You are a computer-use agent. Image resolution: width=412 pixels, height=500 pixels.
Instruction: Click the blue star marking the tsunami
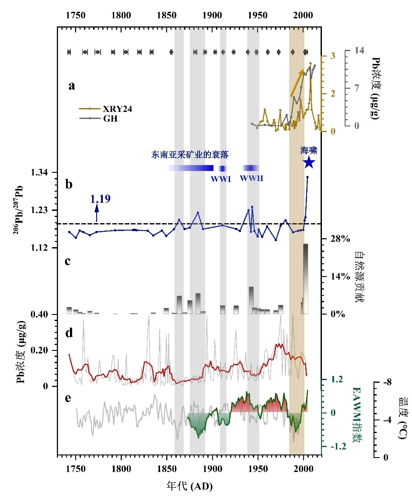(309, 163)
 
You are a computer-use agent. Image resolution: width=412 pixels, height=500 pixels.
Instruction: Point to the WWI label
(221, 178)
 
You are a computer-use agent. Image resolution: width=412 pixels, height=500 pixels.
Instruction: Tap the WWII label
(251, 178)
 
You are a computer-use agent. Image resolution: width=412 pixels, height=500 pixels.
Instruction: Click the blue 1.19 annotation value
(100, 199)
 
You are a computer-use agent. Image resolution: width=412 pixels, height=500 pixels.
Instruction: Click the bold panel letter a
(72, 86)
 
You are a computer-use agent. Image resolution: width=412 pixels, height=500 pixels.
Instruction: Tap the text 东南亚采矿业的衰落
(190, 154)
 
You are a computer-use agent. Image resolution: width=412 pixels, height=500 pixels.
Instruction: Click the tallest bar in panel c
(305, 279)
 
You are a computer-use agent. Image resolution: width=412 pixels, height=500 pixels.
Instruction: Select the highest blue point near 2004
(307, 177)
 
